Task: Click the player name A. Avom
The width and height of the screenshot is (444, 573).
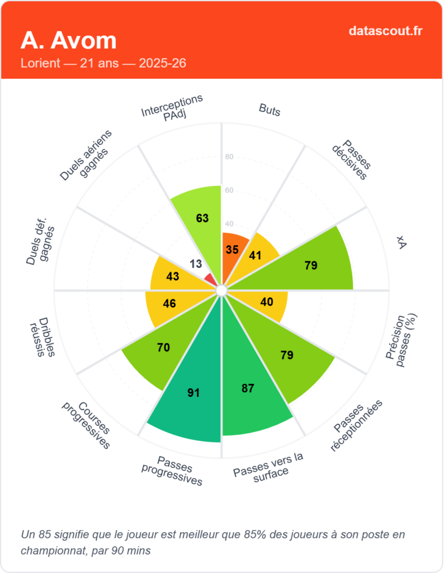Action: click(69, 40)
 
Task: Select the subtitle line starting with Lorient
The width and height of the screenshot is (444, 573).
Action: click(103, 63)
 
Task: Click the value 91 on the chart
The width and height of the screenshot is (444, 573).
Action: click(193, 393)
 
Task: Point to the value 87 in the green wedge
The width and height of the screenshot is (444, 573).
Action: click(248, 388)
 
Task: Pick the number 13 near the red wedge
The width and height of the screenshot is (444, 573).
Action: click(196, 264)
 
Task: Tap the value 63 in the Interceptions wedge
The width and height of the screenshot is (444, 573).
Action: click(202, 218)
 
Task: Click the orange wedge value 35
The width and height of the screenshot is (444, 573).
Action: click(232, 250)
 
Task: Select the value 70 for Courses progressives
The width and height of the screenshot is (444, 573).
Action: click(163, 347)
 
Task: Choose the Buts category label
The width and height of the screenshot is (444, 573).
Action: click(270, 110)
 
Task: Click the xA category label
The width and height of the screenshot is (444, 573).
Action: click(401, 242)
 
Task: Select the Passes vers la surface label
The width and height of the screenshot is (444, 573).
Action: click(269, 464)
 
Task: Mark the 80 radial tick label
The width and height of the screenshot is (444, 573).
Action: click(229, 157)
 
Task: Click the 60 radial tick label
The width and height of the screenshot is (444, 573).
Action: click(229, 190)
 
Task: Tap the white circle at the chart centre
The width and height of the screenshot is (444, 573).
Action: click(221, 290)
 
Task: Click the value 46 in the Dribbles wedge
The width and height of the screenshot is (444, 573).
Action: click(169, 303)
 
